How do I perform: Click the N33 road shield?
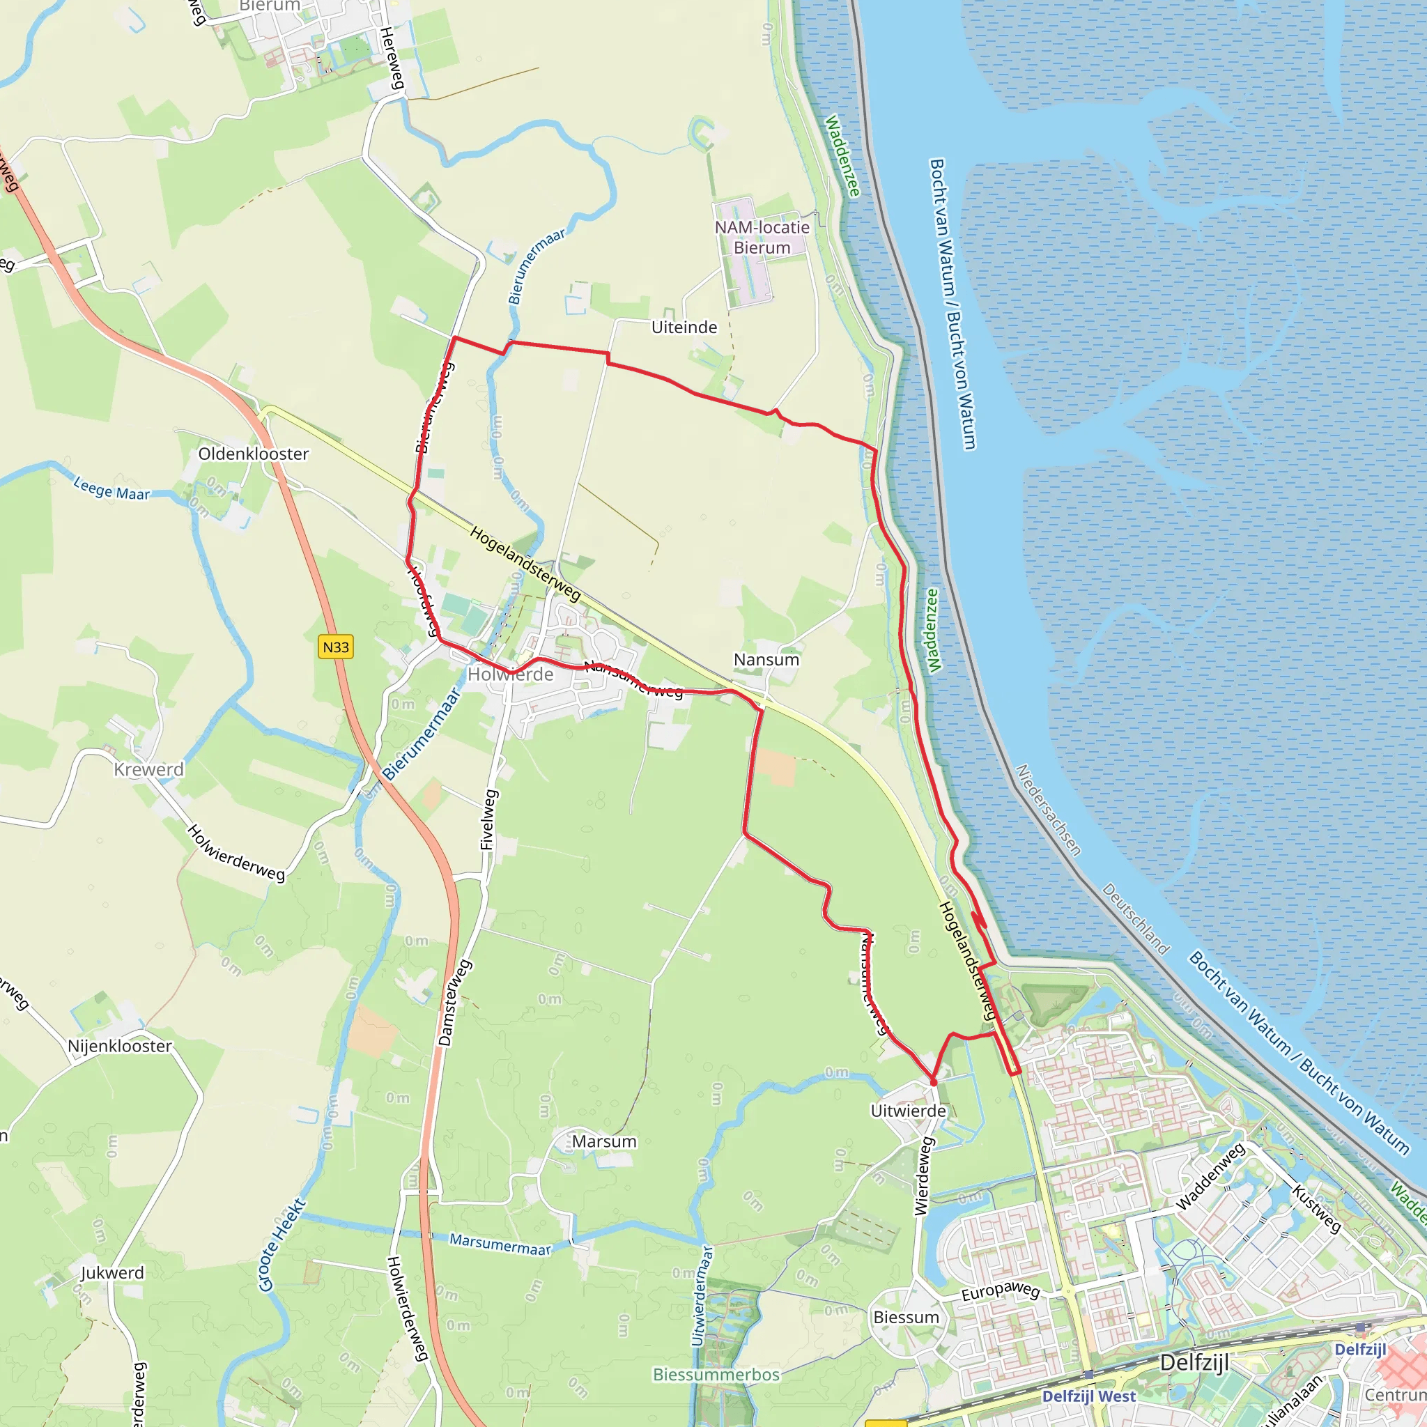(336, 647)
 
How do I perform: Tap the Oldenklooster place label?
(254, 454)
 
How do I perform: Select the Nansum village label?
(766, 660)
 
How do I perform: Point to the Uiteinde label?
(684, 327)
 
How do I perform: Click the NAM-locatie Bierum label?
(762, 238)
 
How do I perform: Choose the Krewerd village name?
(148, 770)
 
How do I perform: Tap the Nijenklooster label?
(120, 1046)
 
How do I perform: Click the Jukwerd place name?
(112, 1272)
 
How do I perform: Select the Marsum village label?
(604, 1141)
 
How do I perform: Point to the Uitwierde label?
(908, 1111)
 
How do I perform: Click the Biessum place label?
(906, 1317)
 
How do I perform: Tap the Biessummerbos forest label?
(716, 1375)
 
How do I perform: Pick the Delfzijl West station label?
(1089, 1396)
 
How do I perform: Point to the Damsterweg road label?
(454, 1001)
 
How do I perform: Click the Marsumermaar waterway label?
(501, 1244)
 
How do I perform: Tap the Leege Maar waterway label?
(111, 489)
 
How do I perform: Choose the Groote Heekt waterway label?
(282, 1245)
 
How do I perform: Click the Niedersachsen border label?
(1049, 810)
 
